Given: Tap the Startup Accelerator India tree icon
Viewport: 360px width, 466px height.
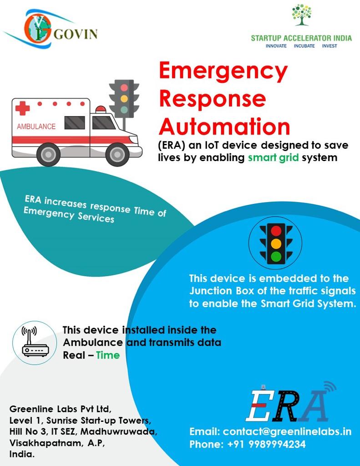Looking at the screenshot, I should coord(301,15).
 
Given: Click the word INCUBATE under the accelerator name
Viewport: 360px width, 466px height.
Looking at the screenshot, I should coord(304,46).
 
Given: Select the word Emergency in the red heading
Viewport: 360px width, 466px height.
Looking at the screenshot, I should coord(223,71).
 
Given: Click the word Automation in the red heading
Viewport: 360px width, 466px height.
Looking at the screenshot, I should coord(224,126).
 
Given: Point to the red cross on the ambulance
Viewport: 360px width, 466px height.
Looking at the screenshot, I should coord(22,108).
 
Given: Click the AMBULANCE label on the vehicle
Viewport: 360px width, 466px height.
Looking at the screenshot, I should coord(36,127).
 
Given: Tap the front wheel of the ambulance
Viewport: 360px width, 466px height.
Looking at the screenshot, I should coord(117,155).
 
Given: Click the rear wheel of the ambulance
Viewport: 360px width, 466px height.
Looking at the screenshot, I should coord(48,155).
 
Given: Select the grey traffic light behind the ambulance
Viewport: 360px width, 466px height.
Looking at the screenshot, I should coord(124,98).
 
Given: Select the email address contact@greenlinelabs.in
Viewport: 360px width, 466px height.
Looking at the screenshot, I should coord(287,431).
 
